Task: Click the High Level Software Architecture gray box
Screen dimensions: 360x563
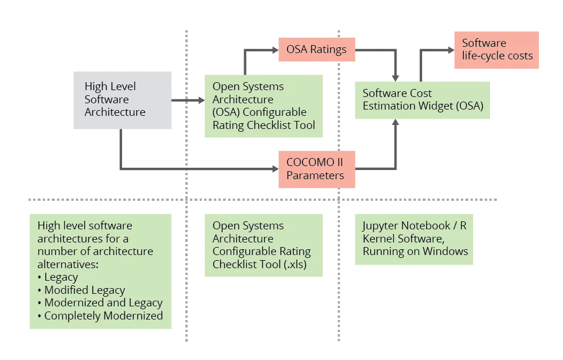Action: tap(123, 100)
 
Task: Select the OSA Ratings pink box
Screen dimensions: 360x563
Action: tap(316, 49)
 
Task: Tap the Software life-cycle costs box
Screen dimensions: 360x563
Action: tap(496, 50)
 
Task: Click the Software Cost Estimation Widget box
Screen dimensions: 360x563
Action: tap(422, 100)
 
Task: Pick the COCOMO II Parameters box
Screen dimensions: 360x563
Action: tap(316, 169)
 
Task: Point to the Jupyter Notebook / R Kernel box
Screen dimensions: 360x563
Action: tap(414, 239)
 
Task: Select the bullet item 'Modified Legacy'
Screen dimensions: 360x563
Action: tap(84, 290)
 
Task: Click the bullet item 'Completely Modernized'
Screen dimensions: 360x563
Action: tap(103, 315)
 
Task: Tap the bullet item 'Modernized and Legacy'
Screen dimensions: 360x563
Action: tap(103, 303)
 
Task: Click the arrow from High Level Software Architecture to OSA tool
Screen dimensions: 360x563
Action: tap(188, 100)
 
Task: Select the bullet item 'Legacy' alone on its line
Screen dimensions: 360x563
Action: tap(61, 277)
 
